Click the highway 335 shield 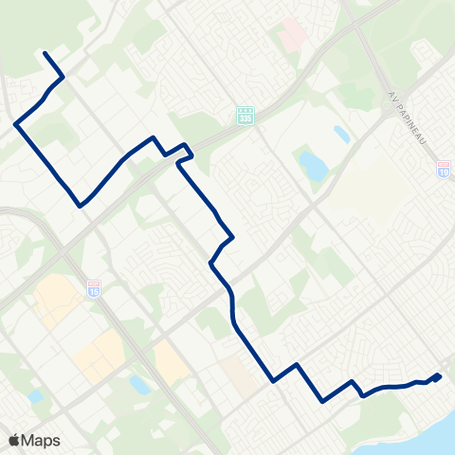[246, 115]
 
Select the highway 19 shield [444, 168]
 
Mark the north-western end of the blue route [44, 54]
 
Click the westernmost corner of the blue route [15, 123]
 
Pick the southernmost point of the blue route [323, 401]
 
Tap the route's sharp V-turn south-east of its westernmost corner [81, 204]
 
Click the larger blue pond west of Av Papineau [312, 167]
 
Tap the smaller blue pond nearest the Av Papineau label [341, 134]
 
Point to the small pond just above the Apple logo [35, 396]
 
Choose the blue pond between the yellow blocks [140, 384]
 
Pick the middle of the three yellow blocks [99, 354]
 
